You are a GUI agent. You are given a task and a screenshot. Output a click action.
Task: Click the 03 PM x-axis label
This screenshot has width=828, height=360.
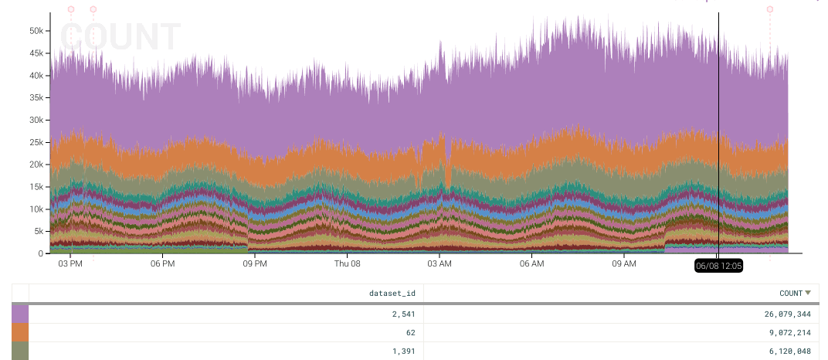coord(70,263)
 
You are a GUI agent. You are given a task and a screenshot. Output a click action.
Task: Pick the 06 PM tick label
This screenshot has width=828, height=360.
coord(162,263)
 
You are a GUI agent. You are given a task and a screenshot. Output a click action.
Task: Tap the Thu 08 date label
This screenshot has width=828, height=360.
coord(347,263)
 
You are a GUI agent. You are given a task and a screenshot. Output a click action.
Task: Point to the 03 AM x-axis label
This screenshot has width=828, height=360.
coord(439,263)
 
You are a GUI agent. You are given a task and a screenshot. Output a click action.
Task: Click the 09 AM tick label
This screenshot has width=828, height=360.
coord(623,263)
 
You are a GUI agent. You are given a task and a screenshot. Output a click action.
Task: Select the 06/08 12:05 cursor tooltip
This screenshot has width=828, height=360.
coord(718,266)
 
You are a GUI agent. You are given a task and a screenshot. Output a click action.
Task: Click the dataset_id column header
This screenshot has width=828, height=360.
coord(393,293)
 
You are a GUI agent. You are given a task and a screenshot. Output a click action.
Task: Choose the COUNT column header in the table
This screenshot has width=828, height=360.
coord(791,293)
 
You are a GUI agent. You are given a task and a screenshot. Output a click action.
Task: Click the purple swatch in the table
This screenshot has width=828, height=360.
coord(20,314)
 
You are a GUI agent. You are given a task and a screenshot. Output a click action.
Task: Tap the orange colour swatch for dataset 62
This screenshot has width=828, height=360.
coord(20,332)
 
